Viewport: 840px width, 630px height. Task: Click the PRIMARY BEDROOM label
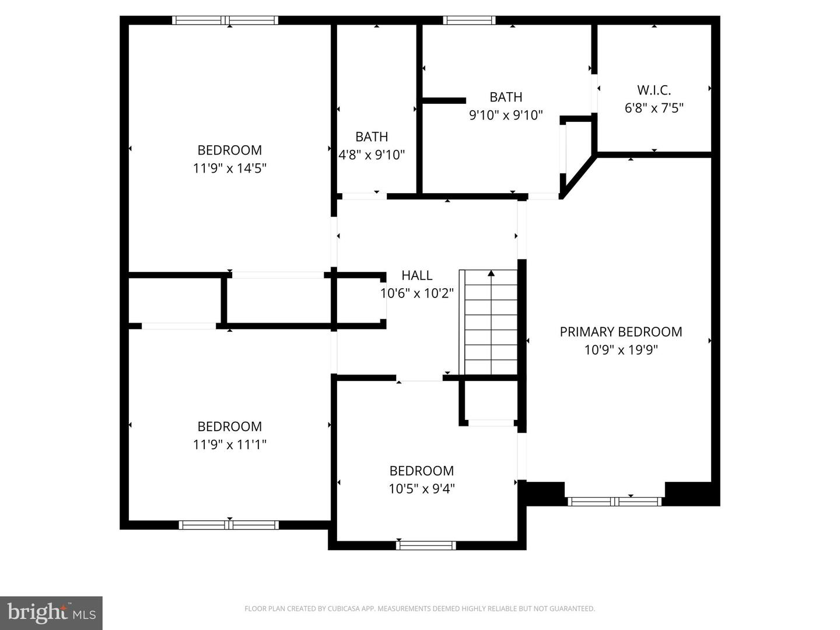(621, 332)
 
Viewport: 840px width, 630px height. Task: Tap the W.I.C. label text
(654, 90)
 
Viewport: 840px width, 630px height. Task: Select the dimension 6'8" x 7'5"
(654, 108)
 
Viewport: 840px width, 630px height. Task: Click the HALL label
(417, 275)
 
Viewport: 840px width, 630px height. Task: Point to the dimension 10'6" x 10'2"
(417, 293)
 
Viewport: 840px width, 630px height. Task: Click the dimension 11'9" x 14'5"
(230, 169)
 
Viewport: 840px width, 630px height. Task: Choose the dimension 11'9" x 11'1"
(230, 445)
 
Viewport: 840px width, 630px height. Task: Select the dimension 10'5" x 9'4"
(422, 489)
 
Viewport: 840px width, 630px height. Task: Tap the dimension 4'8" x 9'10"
(372, 155)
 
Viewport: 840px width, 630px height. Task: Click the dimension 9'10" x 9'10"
(506, 116)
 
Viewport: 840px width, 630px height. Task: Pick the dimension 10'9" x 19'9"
(621, 350)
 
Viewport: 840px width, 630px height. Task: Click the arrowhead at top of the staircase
(491, 272)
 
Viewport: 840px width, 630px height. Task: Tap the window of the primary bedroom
(614, 501)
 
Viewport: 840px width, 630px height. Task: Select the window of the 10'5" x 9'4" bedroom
(426, 545)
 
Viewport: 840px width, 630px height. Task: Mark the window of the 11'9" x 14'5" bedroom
(225, 20)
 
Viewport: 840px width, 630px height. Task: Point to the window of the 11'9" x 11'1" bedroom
(229, 525)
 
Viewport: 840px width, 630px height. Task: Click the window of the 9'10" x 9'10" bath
(469, 20)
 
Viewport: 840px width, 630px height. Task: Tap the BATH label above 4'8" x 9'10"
(372, 137)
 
